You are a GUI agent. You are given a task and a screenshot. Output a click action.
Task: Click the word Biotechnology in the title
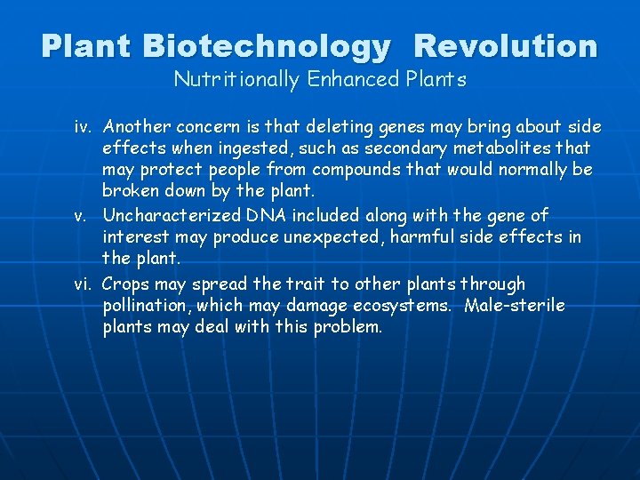pyautogui.click(x=266, y=45)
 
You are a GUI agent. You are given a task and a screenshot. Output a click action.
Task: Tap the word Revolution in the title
pyautogui.click(x=506, y=45)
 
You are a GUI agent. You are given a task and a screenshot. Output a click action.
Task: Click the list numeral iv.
pyautogui.click(x=83, y=127)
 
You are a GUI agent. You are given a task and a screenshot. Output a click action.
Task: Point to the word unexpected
pyautogui.click(x=324, y=237)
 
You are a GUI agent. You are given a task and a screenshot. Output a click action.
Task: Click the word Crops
pyautogui.click(x=126, y=284)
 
